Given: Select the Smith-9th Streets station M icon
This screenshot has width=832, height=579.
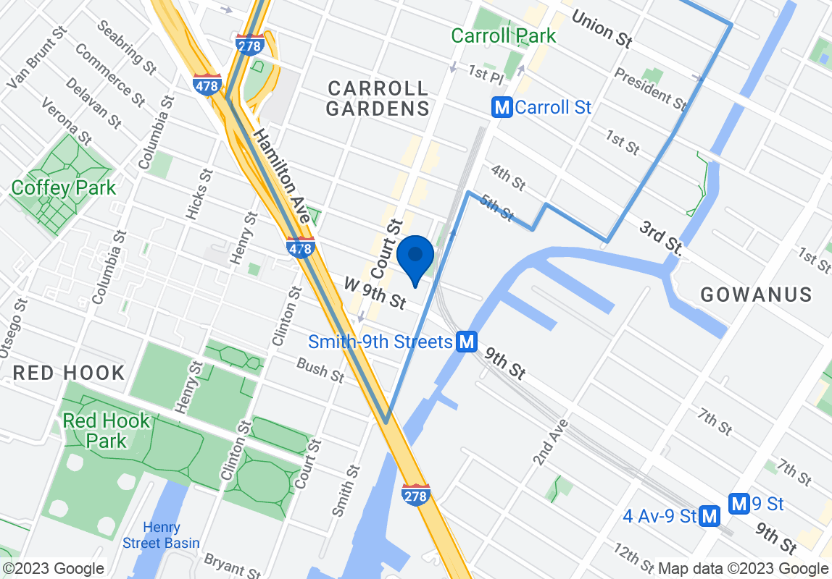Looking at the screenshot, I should pos(467,342).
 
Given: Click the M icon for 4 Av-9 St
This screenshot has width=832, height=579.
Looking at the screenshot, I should pos(710,516).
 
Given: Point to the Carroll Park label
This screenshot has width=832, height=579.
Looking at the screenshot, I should pos(503,35).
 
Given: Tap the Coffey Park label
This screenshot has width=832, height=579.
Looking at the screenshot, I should pos(63,188).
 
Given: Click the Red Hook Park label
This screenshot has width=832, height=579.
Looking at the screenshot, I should pos(106,431).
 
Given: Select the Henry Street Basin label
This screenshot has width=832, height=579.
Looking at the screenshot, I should pos(161,535).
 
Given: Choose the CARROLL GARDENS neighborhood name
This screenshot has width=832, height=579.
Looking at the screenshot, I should pos(378,99).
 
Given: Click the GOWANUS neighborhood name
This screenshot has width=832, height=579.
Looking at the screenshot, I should pos(756,295).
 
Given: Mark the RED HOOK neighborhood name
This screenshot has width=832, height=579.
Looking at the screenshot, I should pos(69,373).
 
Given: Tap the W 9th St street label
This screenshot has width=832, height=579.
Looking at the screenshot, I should pos(375,293).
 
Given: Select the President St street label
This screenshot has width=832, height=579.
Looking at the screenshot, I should pos(650,89).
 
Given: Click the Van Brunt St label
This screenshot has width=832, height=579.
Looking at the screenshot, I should pos(36,59).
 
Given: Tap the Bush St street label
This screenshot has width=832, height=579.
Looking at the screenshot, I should pos(320,371).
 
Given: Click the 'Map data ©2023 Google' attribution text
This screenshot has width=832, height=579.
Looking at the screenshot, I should pos(743,569).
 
